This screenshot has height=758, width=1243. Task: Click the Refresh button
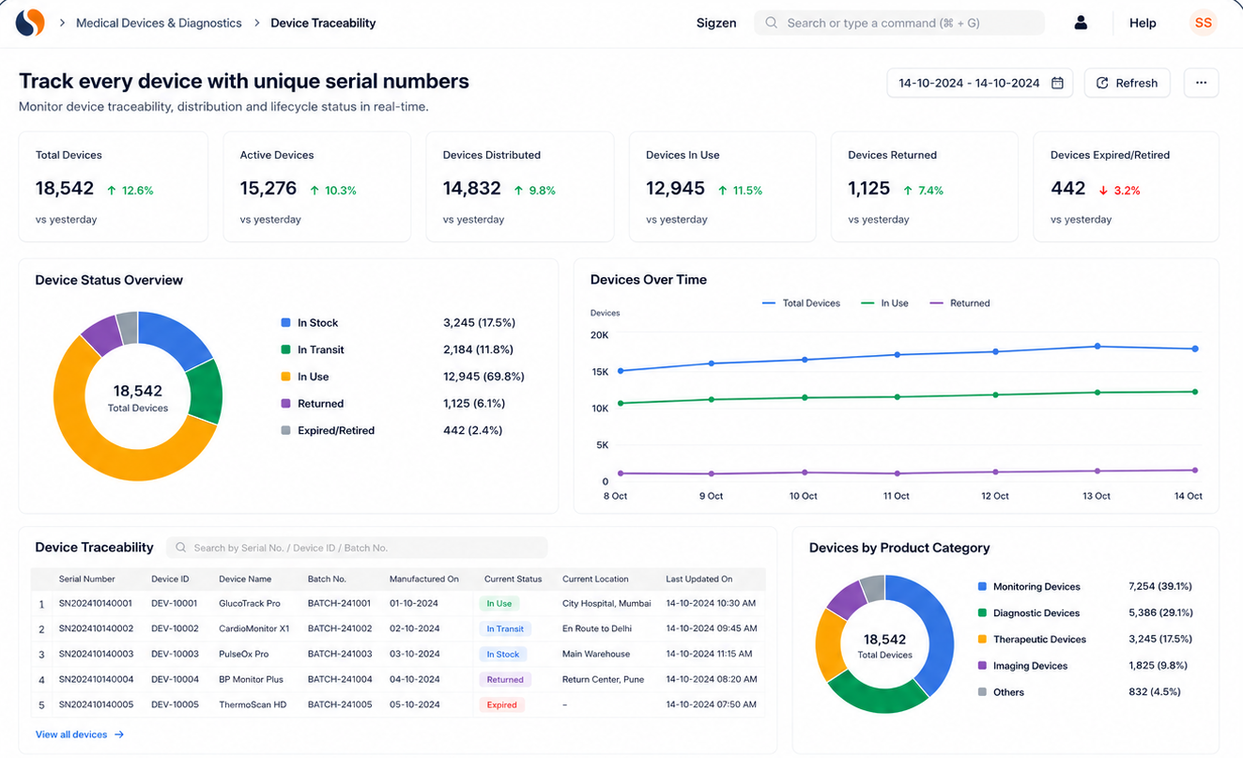(1127, 83)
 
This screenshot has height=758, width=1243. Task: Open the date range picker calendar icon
(1057, 83)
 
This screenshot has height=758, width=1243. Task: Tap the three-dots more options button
(1201, 83)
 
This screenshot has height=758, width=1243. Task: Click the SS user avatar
(1203, 23)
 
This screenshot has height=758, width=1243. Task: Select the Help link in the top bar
(1143, 23)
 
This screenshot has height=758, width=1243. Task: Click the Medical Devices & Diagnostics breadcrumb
(159, 23)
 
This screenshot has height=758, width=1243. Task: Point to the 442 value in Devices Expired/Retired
(1067, 188)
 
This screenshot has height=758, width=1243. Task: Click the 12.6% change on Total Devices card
(137, 191)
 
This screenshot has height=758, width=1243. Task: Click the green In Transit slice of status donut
(206, 393)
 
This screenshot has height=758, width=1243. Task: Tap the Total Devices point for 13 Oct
(1097, 346)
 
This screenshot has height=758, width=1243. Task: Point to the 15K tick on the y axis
(600, 372)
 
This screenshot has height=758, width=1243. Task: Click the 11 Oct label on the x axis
(897, 496)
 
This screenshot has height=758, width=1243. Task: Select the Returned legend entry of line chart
(959, 303)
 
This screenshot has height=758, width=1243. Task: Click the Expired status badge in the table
(501, 704)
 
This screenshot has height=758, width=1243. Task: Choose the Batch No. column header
(327, 579)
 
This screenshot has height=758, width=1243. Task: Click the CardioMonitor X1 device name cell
(254, 628)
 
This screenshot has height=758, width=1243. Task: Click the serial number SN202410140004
(96, 679)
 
